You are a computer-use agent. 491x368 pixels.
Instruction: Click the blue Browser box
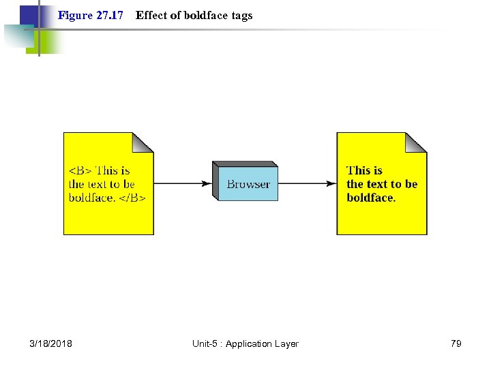pyautogui.click(x=248, y=184)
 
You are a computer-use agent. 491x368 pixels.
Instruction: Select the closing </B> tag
pyautogui.click(x=135, y=198)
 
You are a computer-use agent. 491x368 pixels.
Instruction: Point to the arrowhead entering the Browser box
pyautogui.click(x=206, y=183)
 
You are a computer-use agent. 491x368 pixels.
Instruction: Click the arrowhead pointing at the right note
pyautogui.click(x=331, y=183)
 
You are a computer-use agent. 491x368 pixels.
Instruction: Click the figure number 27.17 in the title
pyautogui.click(x=109, y=15)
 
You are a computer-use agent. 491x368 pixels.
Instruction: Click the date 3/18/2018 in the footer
pyautogui.click(x=50, y=343)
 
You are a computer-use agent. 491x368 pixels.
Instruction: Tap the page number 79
pyautogui.click(x=456, y=343)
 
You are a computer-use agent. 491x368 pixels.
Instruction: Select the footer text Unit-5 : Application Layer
pyautogui.click(x=245, y=343)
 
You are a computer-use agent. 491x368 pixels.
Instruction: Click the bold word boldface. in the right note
pyautogui.click(x=371, y=198)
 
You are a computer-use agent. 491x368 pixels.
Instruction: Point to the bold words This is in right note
pyautogui.click(x=364, y=170)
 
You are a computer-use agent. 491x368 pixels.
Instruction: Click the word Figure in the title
pyautogui.click(x=74, y=15)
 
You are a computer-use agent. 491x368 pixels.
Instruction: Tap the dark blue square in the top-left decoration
pyautogui.click(x=29, y=15)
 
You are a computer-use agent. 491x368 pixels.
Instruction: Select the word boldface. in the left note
pyautogui.click(x=91, y=198)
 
